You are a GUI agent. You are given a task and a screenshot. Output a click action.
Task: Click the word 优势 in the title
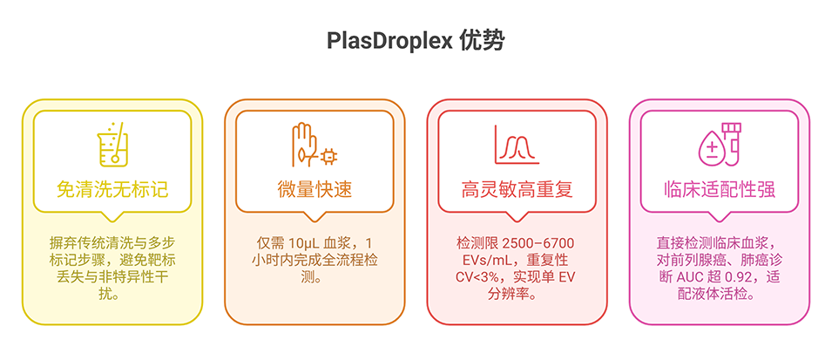pyautogui.click(x=480, y=42)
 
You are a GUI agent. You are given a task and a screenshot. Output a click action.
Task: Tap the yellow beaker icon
pyautogui.click(x=112, y=145)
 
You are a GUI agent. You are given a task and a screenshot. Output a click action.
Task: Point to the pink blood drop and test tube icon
pyautogui.click(x=720, y=145)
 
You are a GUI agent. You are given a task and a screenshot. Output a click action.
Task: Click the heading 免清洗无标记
pyautogui.click(x=112, y=189)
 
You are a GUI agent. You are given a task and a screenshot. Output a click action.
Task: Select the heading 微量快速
pyautogui.click(x=315, y=189)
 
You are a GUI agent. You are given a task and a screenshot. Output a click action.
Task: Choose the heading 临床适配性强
pyautogui.click(x=720, y=189)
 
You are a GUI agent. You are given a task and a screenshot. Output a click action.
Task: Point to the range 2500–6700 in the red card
pyautogui.click(x=537, y=242)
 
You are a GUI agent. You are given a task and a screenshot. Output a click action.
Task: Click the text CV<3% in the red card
pyautogui.click(x=480, y=277)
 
